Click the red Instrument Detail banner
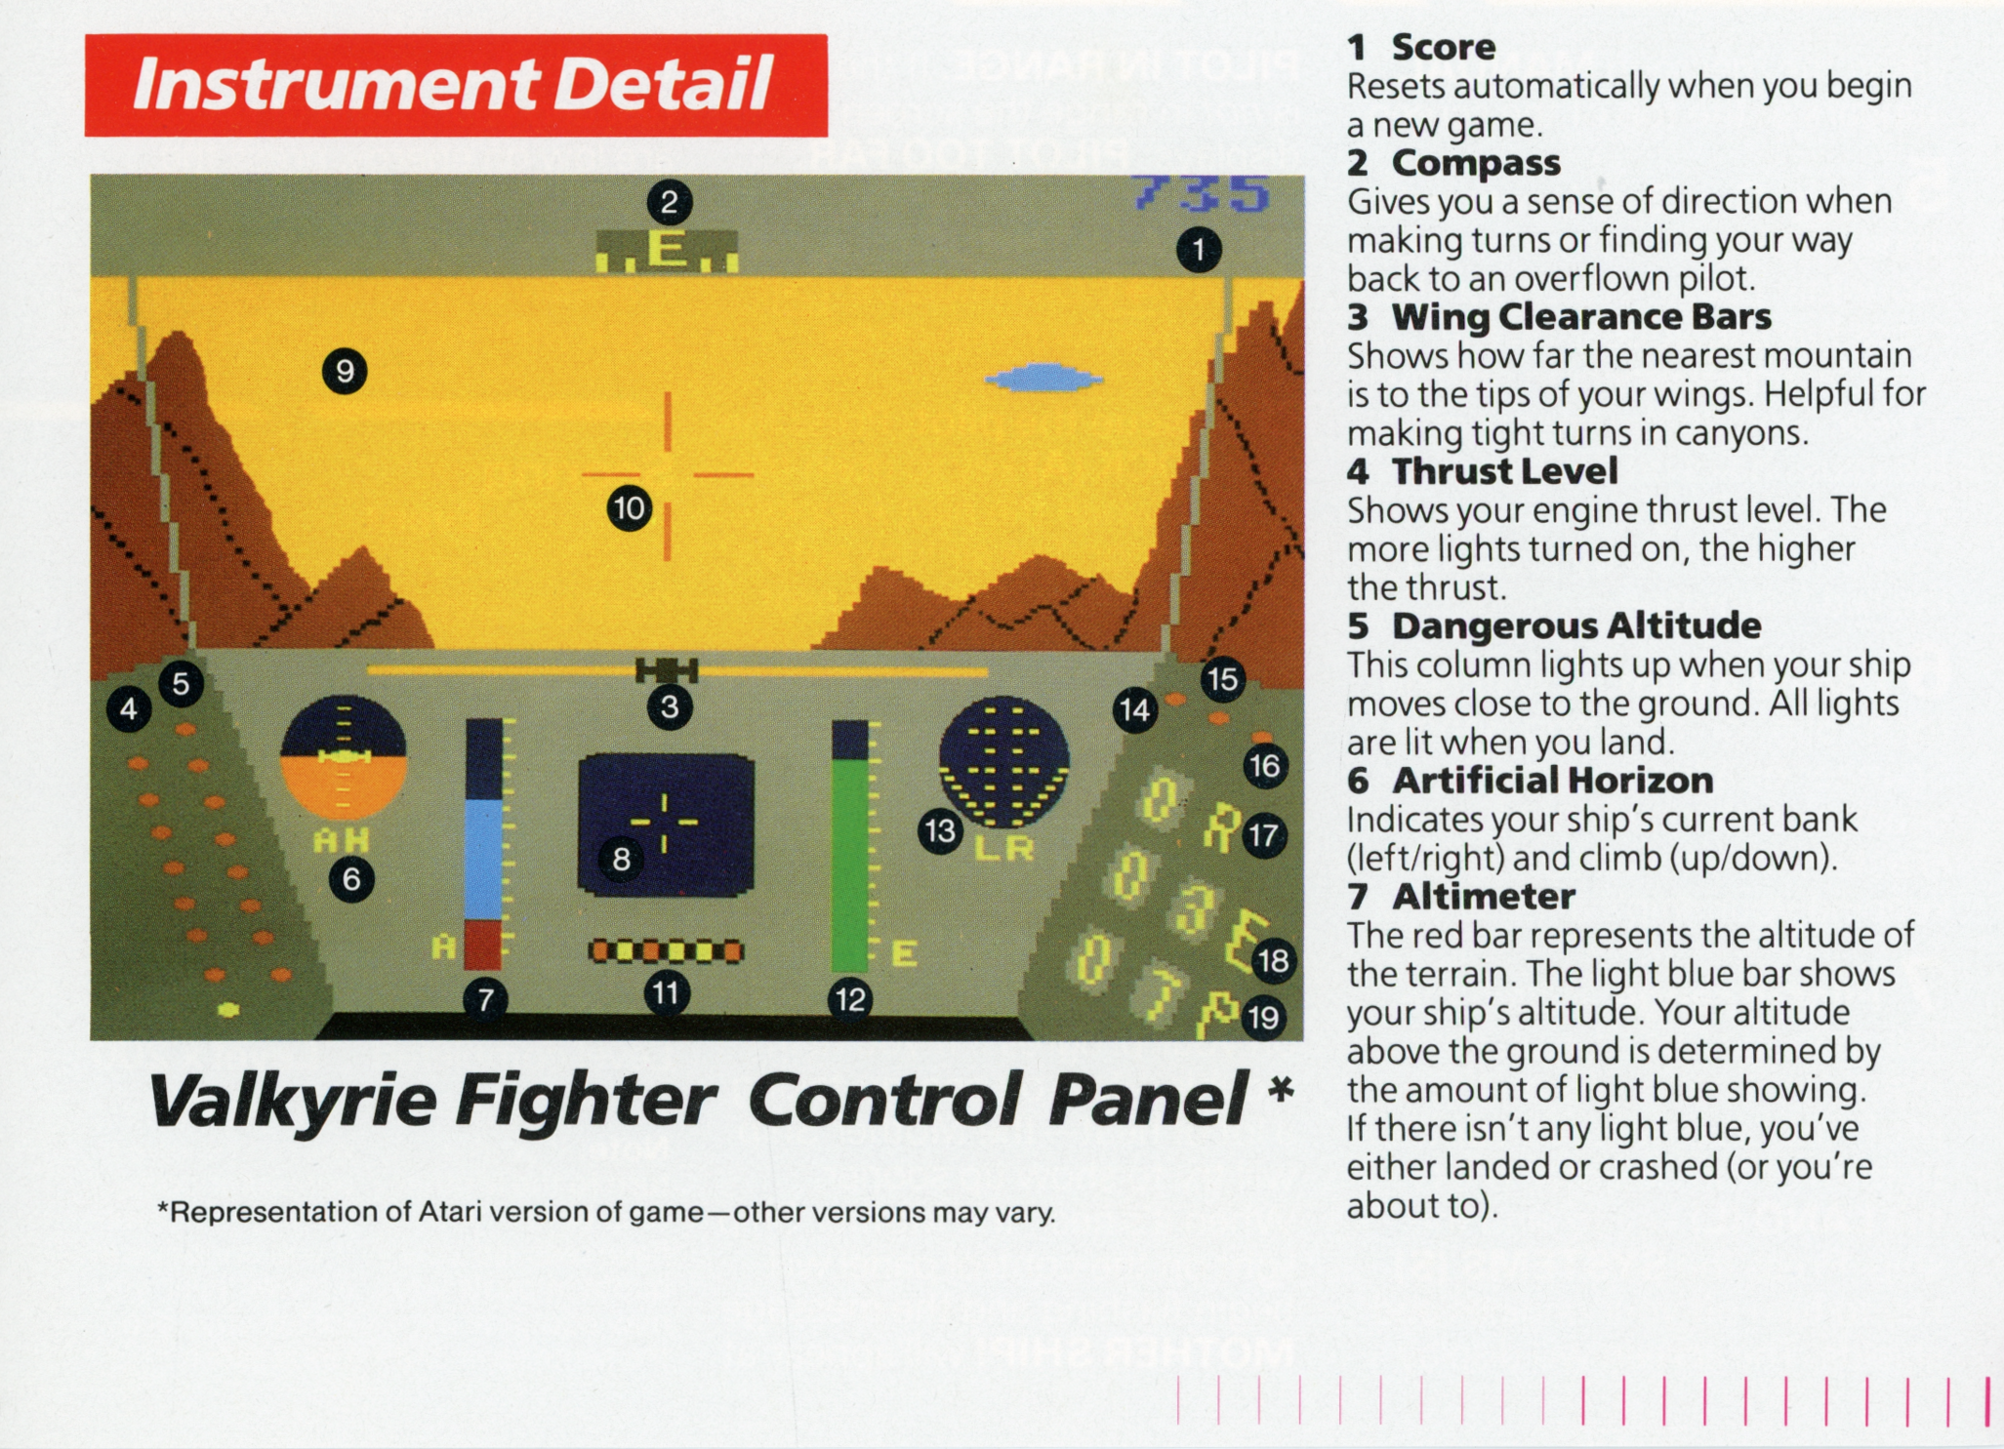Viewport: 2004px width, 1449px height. tap(456, 85)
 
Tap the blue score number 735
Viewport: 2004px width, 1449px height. tap(1202, 193)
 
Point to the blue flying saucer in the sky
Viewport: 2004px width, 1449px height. tap(1043, 378)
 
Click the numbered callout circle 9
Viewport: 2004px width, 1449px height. tap(345, 371)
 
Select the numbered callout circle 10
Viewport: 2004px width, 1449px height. tap(630, 508)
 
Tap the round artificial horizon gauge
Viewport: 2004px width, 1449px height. tap(344, 758)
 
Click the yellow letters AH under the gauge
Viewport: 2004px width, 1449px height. tap(342, 839)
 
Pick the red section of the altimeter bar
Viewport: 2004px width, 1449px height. tap(483, 944)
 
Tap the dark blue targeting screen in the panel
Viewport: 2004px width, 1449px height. tap(667, 825)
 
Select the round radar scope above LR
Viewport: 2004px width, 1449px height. tap(1003, 762)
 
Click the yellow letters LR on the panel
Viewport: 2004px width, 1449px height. tap(1004, 848)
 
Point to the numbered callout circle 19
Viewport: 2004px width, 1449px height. tap(1264, 1018)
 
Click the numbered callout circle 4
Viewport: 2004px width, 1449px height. tap(129, 709)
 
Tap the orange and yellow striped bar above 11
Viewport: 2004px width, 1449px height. tap(667, 950)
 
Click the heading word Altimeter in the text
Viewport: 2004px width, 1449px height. tap(1484, 896)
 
